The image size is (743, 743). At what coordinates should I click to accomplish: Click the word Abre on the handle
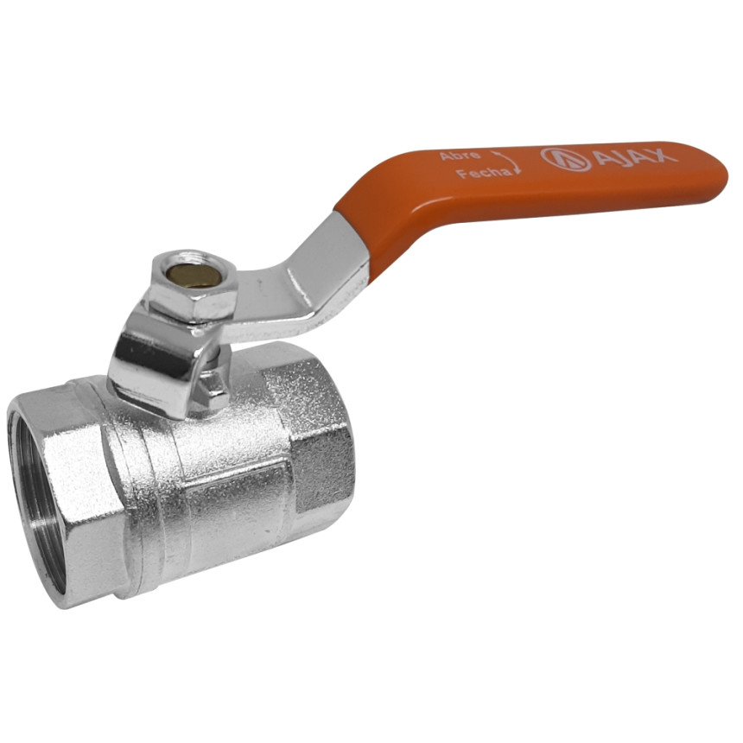pyautogui.click(x=454, y=156)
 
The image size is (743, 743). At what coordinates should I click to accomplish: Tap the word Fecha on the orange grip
pyautogui.click(x=484, y=173)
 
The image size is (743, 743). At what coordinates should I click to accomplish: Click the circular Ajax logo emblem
pyautogui.click(x=566, y=159)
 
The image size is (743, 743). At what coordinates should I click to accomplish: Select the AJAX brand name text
pyautogui.click(x=635, y=156)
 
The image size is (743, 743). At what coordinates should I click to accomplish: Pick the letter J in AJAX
pyautogui.click(x=623, y=156)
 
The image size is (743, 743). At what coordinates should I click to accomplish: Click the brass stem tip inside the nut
pyautogui.click(x=192, y=273)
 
